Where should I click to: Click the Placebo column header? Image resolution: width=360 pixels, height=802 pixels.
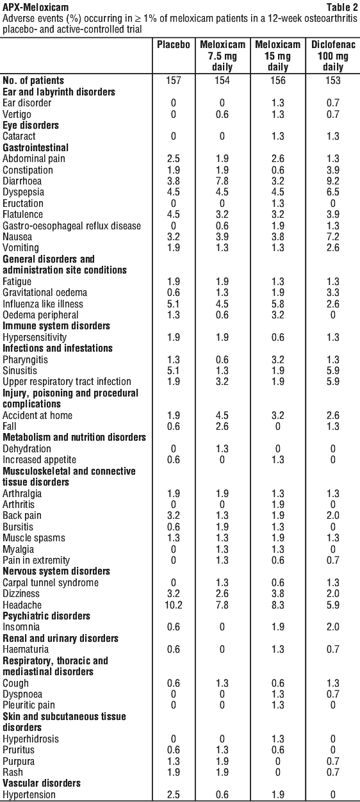click(174, 44)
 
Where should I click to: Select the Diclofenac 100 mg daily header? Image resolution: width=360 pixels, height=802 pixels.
click(333, 56)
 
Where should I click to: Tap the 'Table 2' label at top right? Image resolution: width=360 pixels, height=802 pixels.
click(342, 7)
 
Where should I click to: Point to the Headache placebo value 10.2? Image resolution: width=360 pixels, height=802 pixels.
click(174, 605)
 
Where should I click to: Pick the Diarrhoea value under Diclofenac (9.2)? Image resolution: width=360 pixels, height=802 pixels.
click(333, 181)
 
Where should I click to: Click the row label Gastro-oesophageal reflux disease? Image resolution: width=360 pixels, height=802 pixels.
click(72, 226)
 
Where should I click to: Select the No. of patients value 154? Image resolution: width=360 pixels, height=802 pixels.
click(222, 80)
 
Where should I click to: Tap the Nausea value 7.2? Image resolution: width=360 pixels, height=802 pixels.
click(333, 236)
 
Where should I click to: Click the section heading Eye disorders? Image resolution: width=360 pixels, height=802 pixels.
click(31, 126)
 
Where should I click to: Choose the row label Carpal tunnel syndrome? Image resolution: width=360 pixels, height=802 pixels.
click(51, 582)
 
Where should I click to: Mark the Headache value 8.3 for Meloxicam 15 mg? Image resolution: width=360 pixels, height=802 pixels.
click(278, 605)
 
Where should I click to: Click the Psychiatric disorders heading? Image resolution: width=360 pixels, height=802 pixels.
click(46, 616)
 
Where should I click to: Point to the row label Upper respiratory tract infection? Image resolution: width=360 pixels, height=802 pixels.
click(67, 382)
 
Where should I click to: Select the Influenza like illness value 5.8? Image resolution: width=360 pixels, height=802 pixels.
click(278, 304)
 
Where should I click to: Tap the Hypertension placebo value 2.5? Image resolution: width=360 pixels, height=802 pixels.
click(174, 795)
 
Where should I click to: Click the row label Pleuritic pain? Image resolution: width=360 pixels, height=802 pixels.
click(29, 705)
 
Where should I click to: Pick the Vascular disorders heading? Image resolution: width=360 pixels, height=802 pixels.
click(42, 783)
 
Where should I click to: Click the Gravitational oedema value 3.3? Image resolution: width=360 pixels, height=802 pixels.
click(333, 293)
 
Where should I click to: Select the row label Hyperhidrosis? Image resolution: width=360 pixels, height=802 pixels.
click(31, 739)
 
